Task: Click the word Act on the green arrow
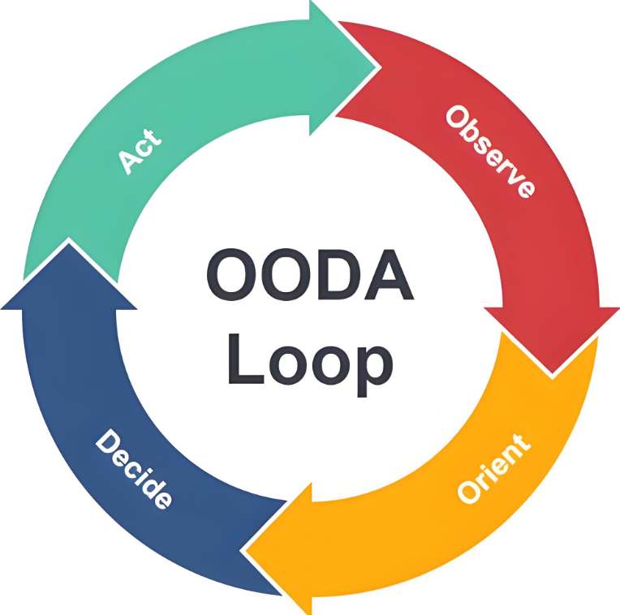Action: pyautogui.click(x=140, y=149)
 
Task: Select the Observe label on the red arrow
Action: pyautogui.click(x=490, y=151)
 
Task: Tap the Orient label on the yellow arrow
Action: pyautogui.click(x=494, y=468)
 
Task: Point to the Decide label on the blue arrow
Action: pyautogui.click(x=134, y=469)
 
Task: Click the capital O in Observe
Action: pyautogui.click(x=457, y=117)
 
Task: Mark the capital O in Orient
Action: pyautogui.click(x=470, y=491)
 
